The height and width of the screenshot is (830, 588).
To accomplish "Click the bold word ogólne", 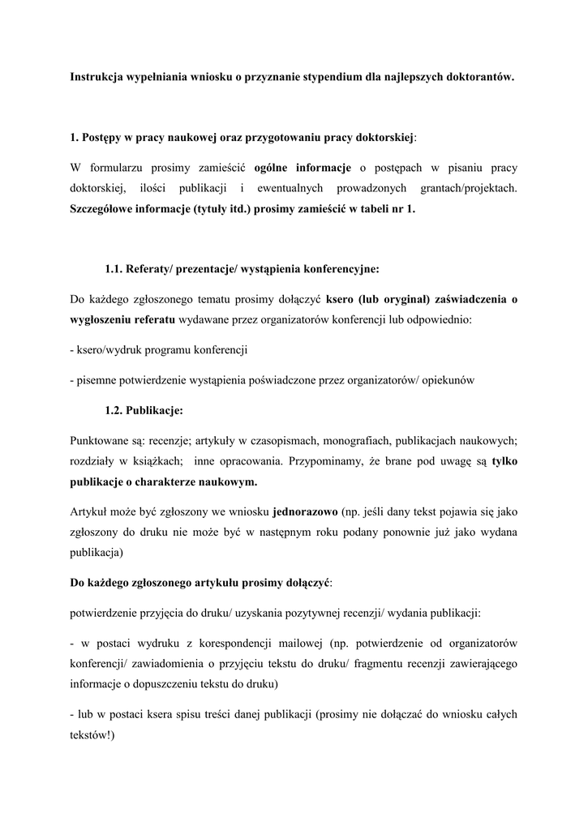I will coord(273,168).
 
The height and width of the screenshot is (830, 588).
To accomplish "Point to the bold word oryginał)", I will coord(425,299).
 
